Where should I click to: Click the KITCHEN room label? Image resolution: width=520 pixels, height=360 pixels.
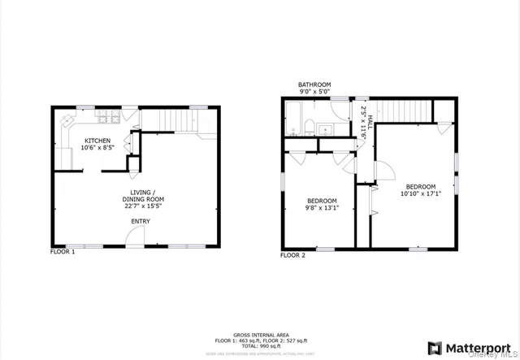pos(98,141)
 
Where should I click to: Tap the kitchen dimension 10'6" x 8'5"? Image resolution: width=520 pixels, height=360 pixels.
pos(98,149)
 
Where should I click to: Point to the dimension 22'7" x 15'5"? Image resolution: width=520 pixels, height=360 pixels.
pos(143,206)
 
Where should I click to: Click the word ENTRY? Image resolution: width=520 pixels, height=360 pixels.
pos(141,221)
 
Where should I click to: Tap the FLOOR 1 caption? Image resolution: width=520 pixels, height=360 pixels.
pos(63,252)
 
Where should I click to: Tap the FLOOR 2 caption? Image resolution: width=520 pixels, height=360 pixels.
pos(292,255)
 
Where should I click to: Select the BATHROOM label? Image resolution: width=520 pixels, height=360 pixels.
pos(314,85)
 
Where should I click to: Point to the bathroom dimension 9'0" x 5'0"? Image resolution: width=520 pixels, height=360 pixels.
pos(314,93)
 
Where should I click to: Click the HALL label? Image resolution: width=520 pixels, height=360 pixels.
pos(370,123)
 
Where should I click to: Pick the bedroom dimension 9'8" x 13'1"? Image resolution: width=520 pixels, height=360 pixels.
pos(322,206)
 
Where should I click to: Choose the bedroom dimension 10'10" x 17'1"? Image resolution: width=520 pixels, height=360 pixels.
pos(421,193)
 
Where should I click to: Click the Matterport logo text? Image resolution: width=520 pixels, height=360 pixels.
pos(476,347)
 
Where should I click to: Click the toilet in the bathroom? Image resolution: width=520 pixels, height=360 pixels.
pos(310,126)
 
